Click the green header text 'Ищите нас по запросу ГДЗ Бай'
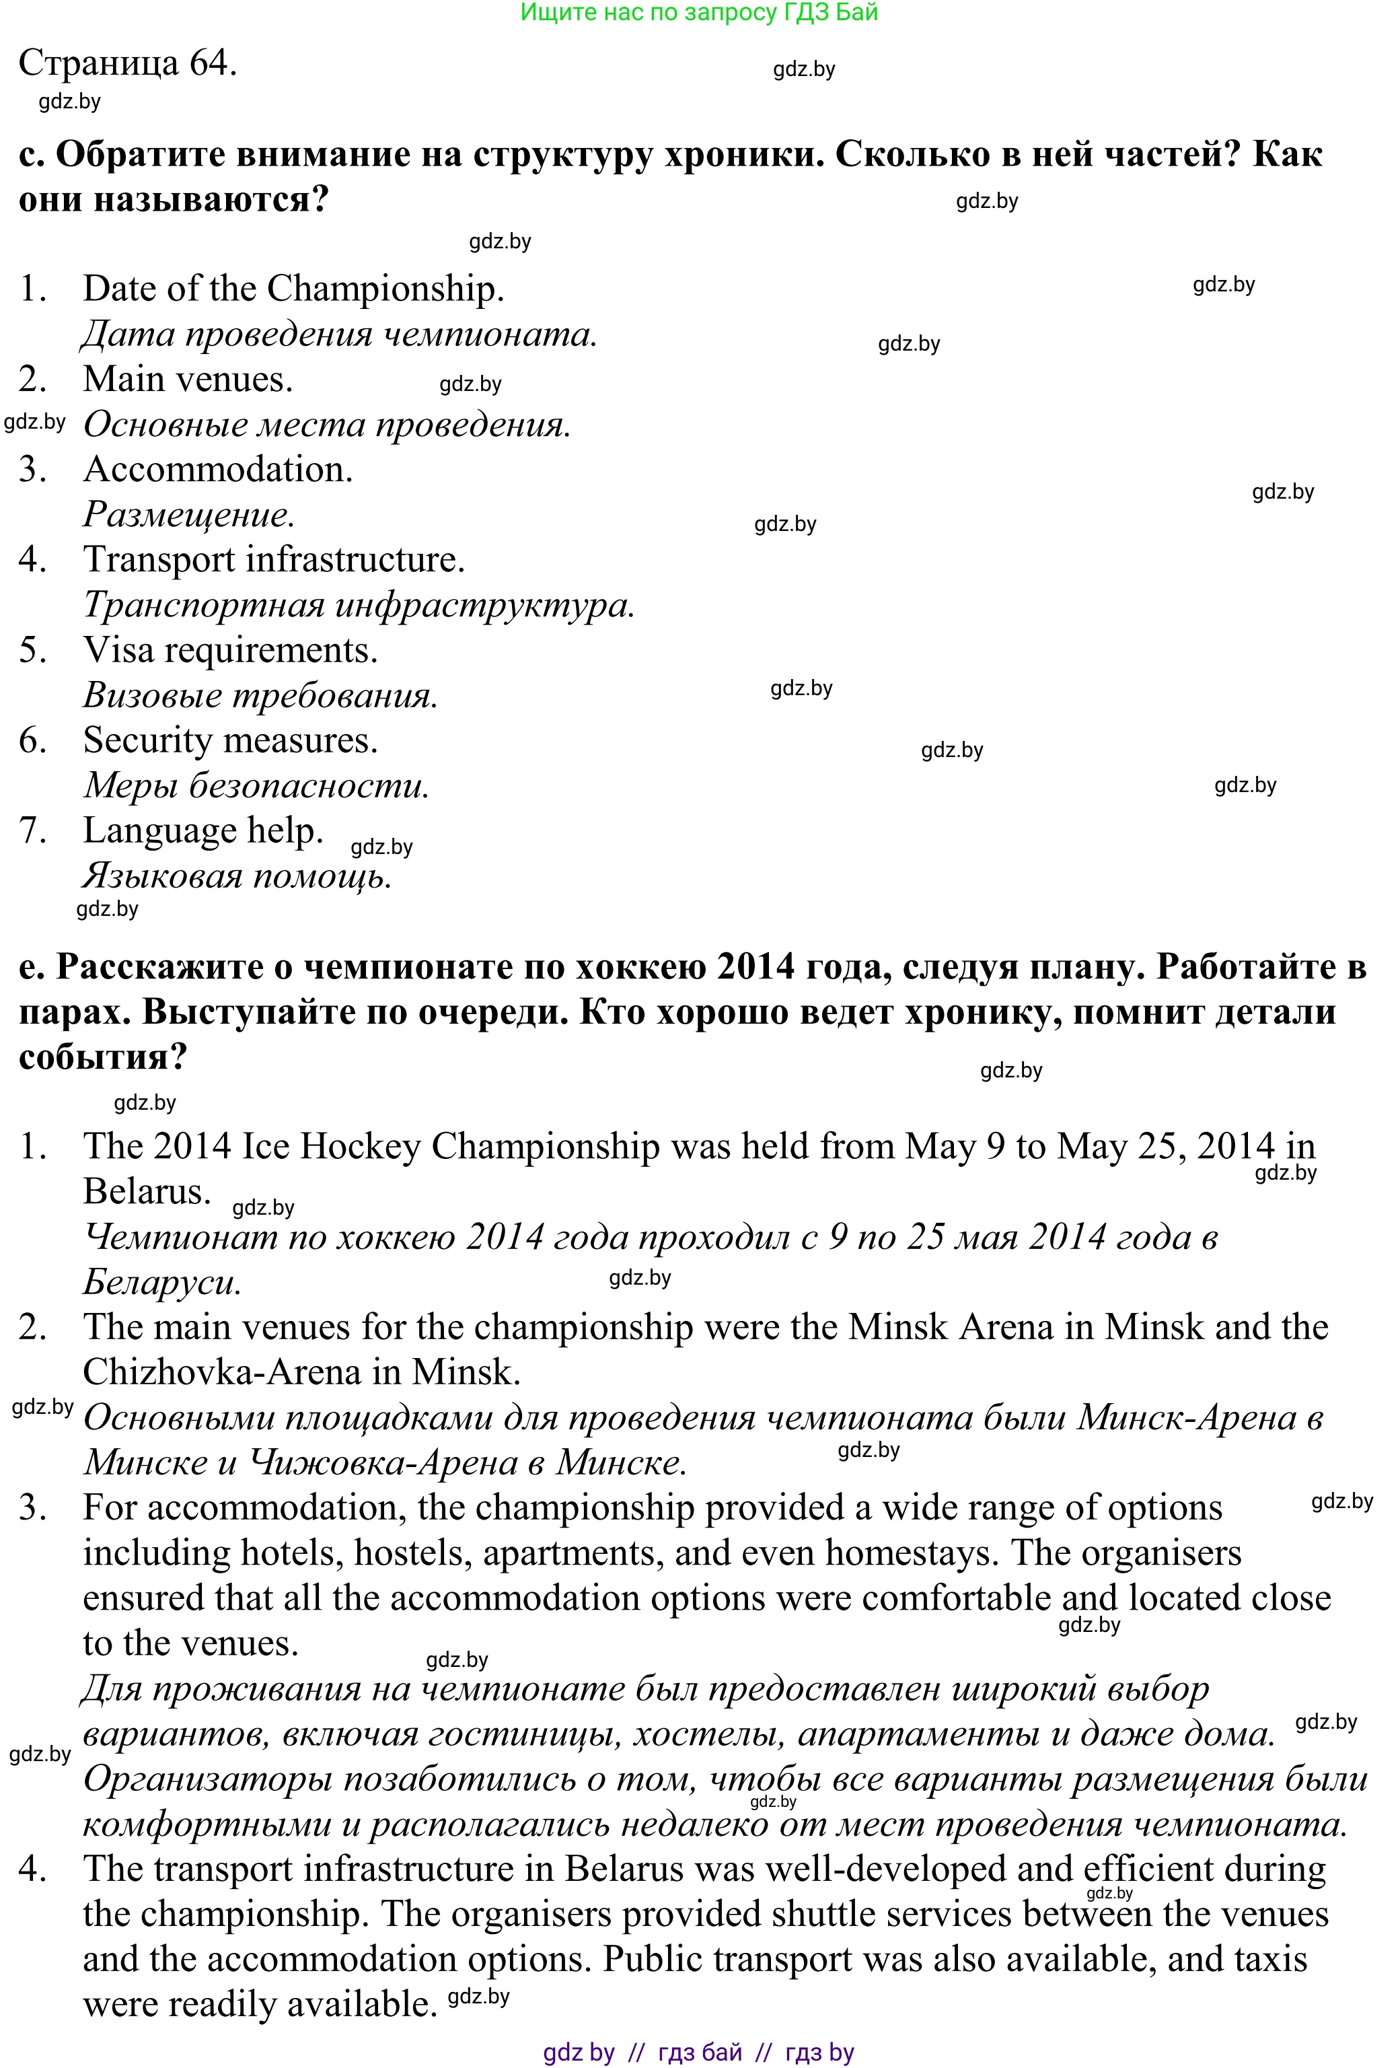(698, 13)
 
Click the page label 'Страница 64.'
(127, 63)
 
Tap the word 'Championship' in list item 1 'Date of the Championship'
(385, 288)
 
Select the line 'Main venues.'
(188, 379)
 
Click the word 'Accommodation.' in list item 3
(218, 470)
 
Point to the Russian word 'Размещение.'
(188, 514)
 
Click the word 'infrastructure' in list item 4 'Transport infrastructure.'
(355, 560)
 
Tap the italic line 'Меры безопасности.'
(256, 786)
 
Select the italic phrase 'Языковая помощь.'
(237, 876)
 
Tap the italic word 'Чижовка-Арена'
(383, 1462)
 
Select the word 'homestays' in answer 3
(908, 1553)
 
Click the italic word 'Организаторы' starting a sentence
(208, 1779)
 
